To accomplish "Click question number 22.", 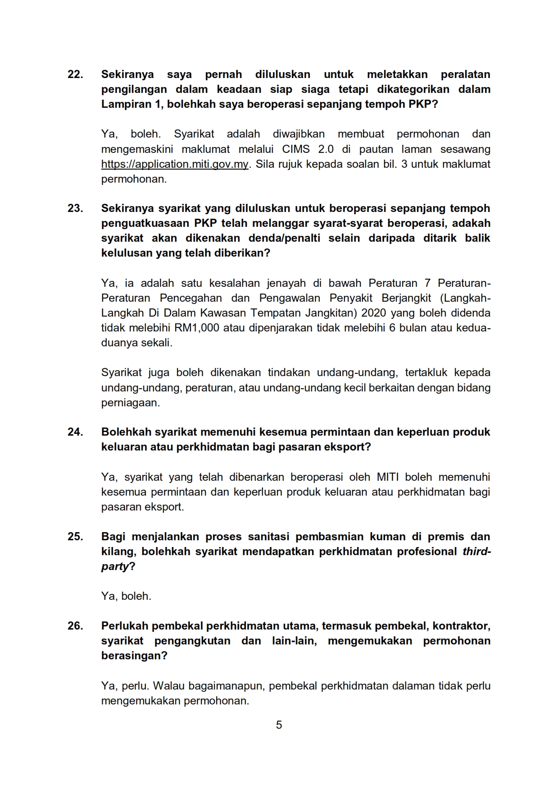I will click(75, 74).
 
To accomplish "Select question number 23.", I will click(75, 208).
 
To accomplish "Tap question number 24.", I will click(75, 432).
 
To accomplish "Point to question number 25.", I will click(75, 537).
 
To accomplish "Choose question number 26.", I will click(75, 626).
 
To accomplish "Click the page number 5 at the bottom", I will click(279, 725).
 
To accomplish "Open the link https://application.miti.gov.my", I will click(175, 164).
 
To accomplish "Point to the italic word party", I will click(115, 566).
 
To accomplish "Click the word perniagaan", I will click(130, 403).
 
